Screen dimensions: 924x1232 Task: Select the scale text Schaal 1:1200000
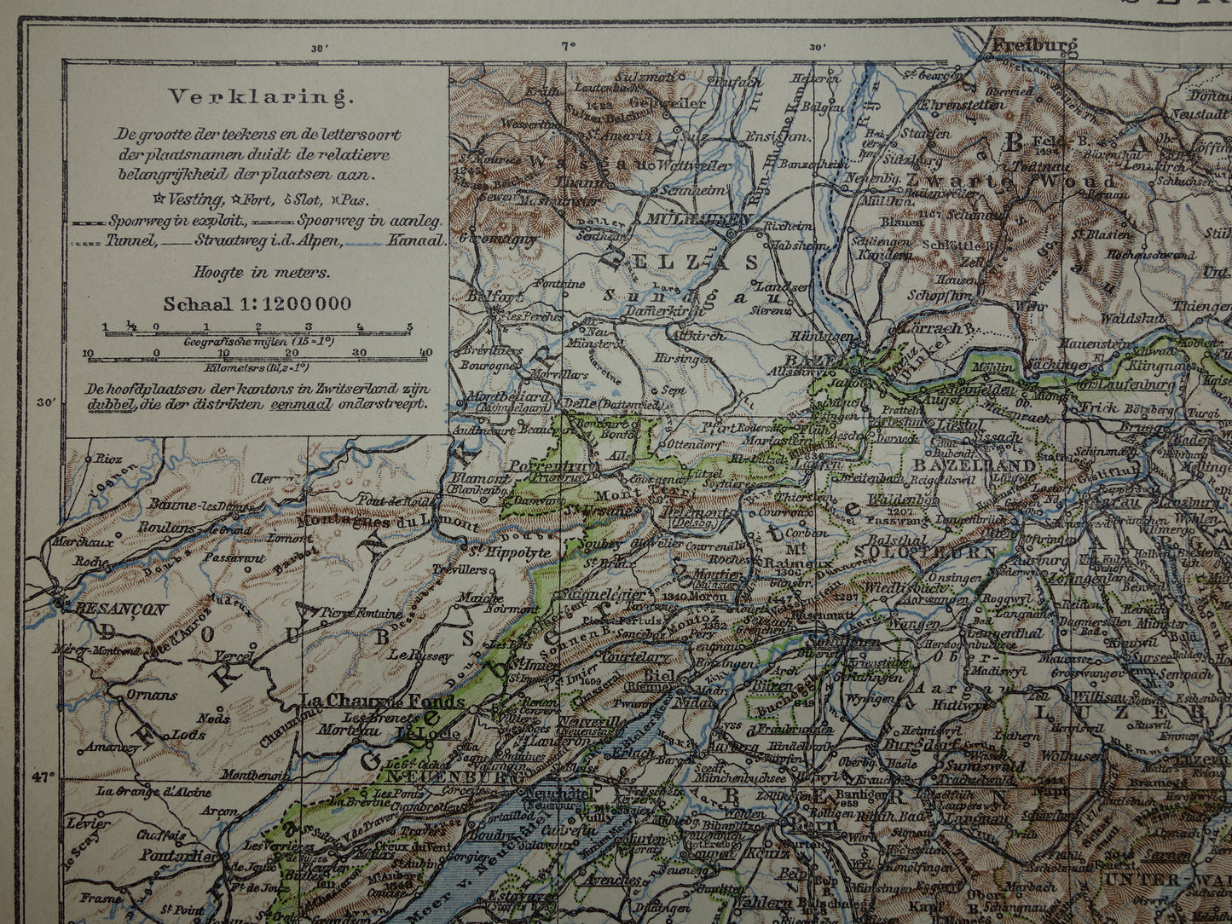(x=257, y=304)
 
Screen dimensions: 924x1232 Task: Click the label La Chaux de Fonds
(x=383, y=702)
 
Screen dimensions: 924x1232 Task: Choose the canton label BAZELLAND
(x=974, y=466)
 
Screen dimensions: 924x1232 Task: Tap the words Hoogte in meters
(x=257, y=273)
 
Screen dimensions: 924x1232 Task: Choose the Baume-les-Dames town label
(x=188, y=505)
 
